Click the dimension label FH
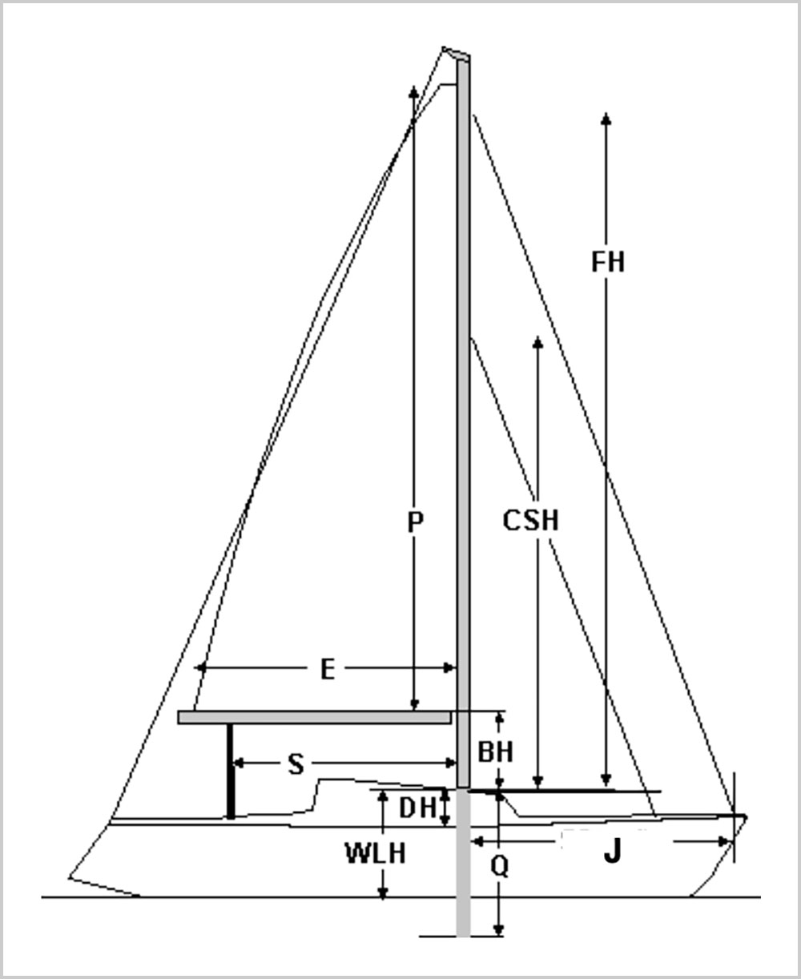click(607, 262)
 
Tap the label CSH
click(530, 521)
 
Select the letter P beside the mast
click(414, 523)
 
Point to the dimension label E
click(327, 670)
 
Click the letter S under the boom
click(296, 765)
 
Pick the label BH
click(495, 752)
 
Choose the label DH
click(417, 809)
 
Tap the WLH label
click(375, 854)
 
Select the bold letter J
click(612, 853)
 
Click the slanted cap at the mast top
click(457, 54)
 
